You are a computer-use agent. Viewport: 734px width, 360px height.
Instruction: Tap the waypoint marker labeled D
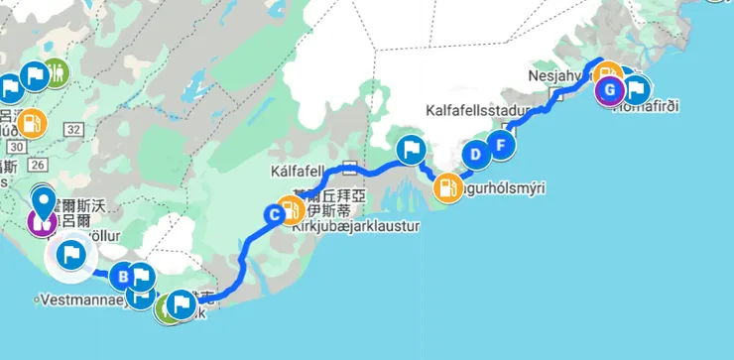click(x=476, y=154)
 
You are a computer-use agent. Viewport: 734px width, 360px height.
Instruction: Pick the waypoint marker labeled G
click(x=609, y=91)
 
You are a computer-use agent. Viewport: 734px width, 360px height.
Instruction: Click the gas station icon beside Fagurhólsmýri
click(x=448, y=185)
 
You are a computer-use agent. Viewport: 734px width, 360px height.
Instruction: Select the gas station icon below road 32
click(x=32, y=123)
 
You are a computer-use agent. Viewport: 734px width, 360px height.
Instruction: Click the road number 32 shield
click(x=73, y=129)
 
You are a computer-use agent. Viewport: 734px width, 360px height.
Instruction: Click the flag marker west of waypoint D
click(x=411, y=151)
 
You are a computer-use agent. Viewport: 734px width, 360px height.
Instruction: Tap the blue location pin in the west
click(x=43, y=202)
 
